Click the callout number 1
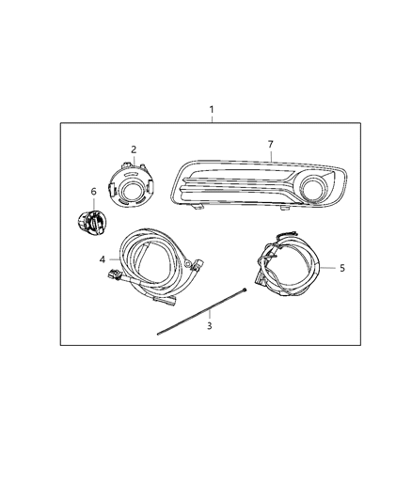[x=212, y=109]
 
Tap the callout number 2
[x=134, y=149]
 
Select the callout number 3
[x=210, y=326]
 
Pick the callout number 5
[x=342, y=268]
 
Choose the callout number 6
[x=93, y=191]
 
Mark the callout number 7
[x=270, y=144]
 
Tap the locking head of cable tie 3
[x=243, y=290]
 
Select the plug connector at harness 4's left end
[x=116, y=277]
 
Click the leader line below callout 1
[x=212, y=118]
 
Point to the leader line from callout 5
[x=327, y=268]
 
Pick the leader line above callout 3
[x=210, y=309]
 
